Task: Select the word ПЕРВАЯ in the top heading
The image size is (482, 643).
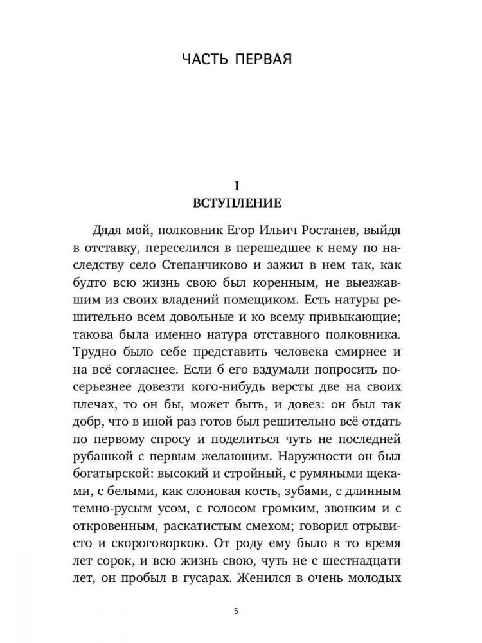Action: [263, 60]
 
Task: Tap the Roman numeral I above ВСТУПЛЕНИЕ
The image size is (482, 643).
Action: [237, 186]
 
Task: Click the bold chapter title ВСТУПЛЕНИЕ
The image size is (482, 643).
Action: [237, 204]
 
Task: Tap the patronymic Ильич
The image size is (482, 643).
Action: [297, 230]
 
